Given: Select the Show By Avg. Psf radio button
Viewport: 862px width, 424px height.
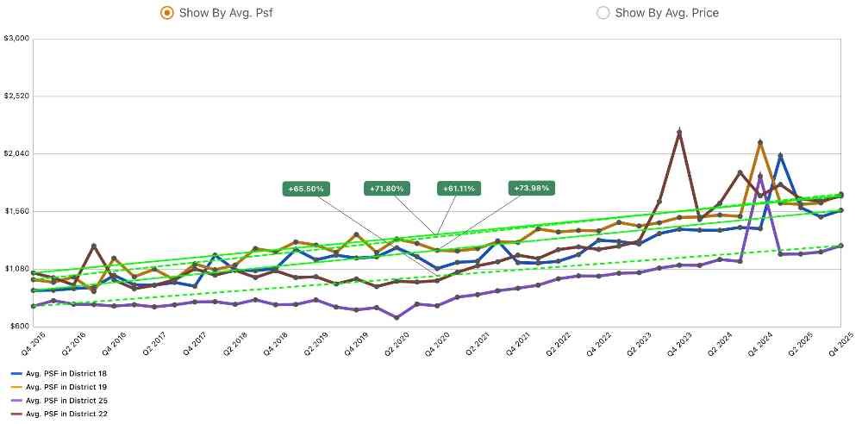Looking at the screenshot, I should (166, 12).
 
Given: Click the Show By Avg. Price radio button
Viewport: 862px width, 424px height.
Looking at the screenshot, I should (603, 12).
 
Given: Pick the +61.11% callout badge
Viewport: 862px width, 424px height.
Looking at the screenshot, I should (459, 188).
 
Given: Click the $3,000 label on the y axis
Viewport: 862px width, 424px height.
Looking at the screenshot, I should (17, 39).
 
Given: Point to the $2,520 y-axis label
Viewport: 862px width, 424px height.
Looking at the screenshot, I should (17, 97).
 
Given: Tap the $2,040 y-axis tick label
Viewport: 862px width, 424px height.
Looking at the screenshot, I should (17, 154).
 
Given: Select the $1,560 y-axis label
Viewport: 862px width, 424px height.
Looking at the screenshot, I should (17, 212).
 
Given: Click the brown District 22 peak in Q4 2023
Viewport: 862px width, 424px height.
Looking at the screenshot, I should (679, 132).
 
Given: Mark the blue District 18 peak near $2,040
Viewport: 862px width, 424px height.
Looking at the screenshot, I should (780, 156).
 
